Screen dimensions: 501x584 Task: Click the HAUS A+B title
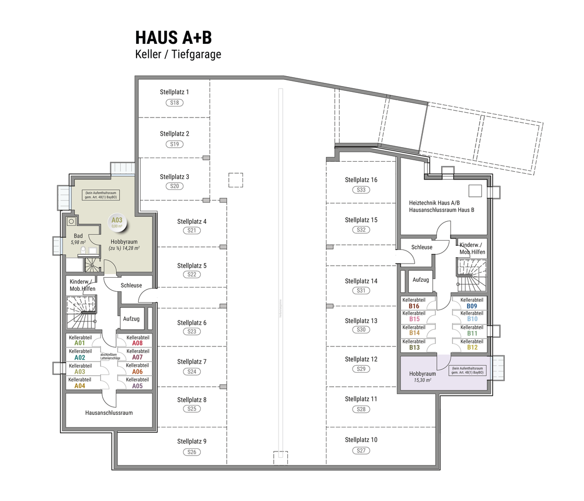[x=173, y=38]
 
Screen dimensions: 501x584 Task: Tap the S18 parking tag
[x=175, y=103]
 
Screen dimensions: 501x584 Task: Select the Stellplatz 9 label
[x=191, y=442]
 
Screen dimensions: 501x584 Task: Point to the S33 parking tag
[x=361, y=190]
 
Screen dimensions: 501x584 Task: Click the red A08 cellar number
[x=137, y=343]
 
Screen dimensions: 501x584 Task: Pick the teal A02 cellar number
[x=80, y=357]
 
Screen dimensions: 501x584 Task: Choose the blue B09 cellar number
[x=472, y=306]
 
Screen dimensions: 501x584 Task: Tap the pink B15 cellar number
[x=415, y=319]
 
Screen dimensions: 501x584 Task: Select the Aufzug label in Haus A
[x=131, y=319]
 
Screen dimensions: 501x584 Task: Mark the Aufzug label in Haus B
[x=420, y=280]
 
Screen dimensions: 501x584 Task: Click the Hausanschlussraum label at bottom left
[x=108, y=412]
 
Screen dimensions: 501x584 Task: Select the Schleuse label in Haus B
[x=421, y=247]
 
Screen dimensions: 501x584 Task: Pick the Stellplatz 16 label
[x=361, y=180]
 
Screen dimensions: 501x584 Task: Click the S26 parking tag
[x=191, y=452]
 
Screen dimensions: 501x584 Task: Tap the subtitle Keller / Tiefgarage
[x=178, y=54]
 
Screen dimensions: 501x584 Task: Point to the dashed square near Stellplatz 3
[x=236, y=180]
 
